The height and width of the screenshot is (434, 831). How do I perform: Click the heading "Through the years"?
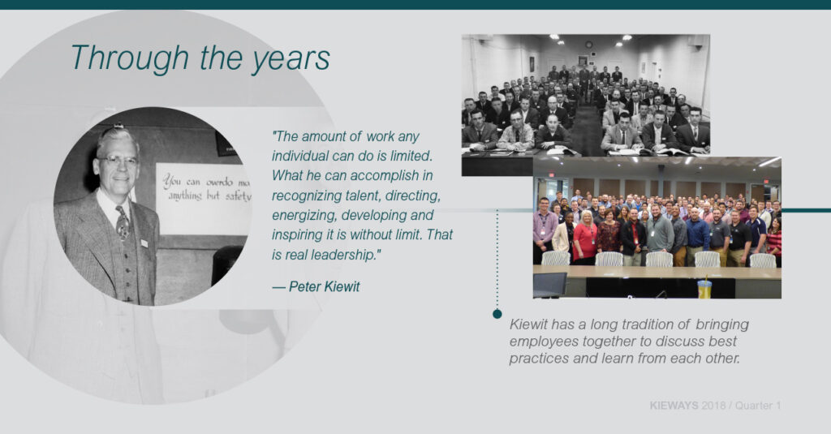pos(200,58)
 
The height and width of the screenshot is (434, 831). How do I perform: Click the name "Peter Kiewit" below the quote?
pos(324,286)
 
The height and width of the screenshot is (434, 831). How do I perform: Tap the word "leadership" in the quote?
pos(343,255)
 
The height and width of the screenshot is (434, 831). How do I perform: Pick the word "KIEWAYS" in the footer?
pos(674,406)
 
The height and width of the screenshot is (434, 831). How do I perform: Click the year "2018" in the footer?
pos(713,406)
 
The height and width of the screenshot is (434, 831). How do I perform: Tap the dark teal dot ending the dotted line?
pos(497,314)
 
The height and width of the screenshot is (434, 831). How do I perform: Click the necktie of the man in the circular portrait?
pos(123,222)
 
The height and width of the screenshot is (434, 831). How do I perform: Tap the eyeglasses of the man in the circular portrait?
pos(117,161)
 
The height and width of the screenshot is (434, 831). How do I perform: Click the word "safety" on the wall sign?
pos(238,196)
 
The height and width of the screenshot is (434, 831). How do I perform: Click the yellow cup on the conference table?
pos(704,288)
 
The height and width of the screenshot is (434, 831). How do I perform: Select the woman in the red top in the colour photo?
pos(585,238)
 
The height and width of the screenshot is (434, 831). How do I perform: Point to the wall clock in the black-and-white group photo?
pos(589,45)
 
